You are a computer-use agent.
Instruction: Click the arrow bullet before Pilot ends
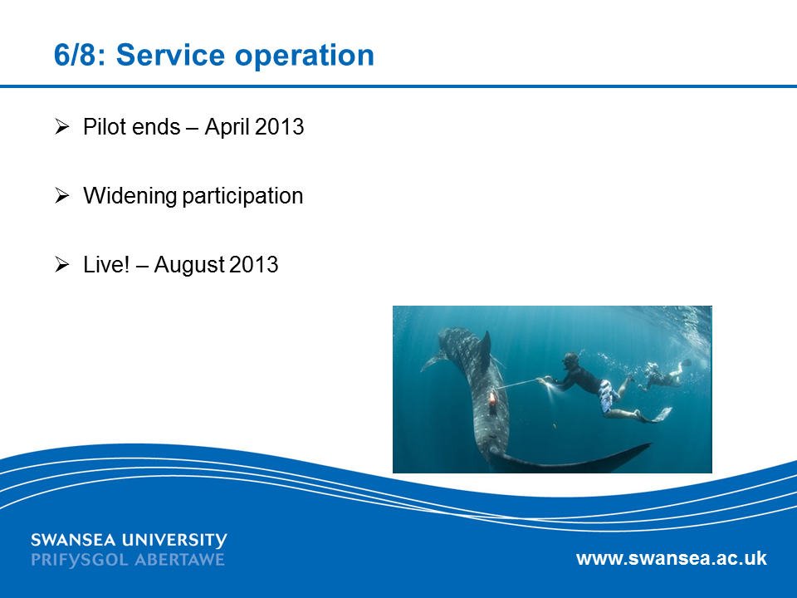(62, 126)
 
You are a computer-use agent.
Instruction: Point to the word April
(227, 127)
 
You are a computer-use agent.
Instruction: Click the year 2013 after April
(279, 126)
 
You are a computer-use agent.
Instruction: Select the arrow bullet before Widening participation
(62, 195)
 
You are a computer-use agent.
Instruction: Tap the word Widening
(130, 196)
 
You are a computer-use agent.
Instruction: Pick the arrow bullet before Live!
(62, 264)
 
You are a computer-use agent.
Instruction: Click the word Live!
(106, 264)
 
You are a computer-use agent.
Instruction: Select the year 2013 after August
(254, 264)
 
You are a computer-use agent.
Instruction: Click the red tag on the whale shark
(492, 397)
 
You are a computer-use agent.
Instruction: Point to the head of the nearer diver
(570, 361)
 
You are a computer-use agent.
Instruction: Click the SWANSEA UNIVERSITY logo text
(129, 541)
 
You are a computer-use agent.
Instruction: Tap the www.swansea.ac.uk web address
(672, 558)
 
